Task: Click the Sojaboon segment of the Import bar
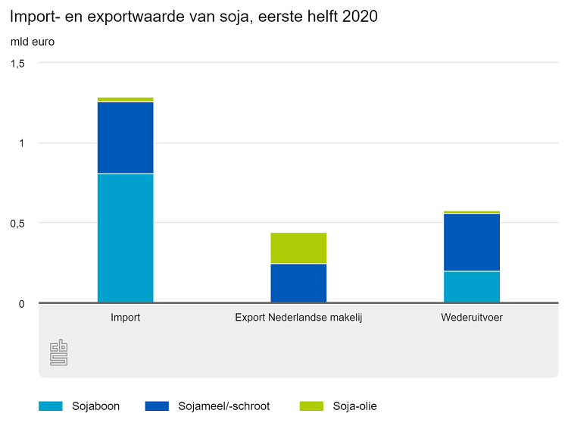click(125, 238)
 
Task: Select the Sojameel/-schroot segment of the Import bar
click(125, 138)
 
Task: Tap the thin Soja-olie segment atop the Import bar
click(125, 99)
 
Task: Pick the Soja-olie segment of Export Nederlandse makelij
click(298, 248)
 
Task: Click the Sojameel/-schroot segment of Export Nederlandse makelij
click(298, 283)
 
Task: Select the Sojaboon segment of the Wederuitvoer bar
click(472, 287)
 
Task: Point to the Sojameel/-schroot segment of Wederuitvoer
click(472, 242)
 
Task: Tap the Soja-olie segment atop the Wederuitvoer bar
click(472, 212)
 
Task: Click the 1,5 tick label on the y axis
click(17, 64)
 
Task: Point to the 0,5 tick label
click(17, 224)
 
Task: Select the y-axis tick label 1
click(22, 143)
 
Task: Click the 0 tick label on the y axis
click(22, 304)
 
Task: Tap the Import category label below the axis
click(125, 318)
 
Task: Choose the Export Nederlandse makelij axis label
click(298, 318)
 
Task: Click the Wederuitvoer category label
click(472, 318)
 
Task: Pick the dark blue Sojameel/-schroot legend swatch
click(156, 406)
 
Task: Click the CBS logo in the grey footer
click(59, 352)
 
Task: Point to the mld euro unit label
click(32, 42)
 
